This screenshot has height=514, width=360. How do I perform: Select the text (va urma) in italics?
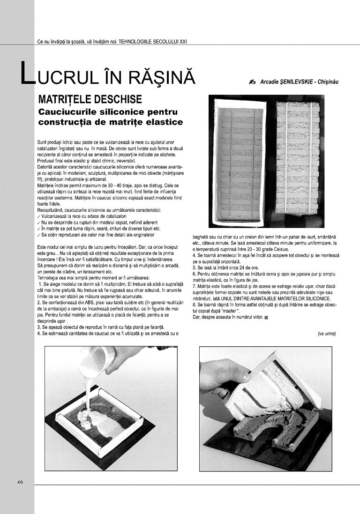(x=327, y=334)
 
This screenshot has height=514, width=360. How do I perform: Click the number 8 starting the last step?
(x=194, y=305)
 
